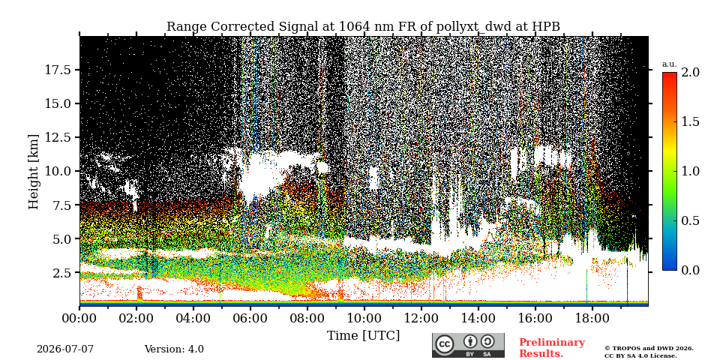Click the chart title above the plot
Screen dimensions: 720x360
coord(363,27)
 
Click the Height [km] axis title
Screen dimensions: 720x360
coord(34,171)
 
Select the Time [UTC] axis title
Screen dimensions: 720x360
coord(363,335)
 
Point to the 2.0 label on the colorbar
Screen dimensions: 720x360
coord(690,72)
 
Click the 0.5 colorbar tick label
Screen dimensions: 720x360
coord(690,220)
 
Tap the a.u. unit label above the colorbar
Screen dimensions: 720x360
coord(670,64)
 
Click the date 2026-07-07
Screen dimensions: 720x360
coord(65,349)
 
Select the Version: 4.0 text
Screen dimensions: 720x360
coord(174,349)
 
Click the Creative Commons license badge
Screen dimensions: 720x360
coord(468,345)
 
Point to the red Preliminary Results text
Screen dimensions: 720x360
coord(552,348)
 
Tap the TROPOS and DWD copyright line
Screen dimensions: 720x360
coord(649,352)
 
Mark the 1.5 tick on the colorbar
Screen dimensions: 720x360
coord(690,121)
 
